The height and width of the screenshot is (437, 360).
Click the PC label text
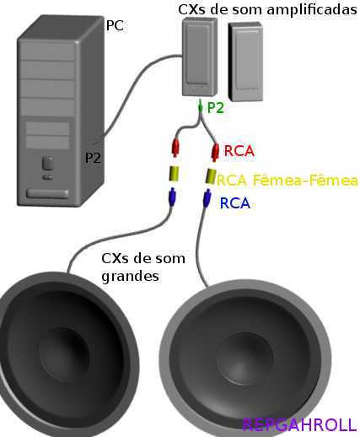pos(115,25)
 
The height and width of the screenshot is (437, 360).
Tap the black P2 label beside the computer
pos(93,158)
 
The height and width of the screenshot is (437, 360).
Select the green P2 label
pos(216,108)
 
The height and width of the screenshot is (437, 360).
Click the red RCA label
pos(239,151)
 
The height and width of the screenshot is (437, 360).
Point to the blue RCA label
pos(235,203)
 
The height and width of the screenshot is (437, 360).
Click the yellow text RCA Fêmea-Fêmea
pos(287,181)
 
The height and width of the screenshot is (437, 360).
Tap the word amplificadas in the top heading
pos(312,10)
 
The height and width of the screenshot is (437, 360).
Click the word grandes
pos(130,277)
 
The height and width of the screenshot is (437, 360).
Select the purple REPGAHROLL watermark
pos(299,424)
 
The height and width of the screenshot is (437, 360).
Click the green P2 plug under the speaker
pos(200,107)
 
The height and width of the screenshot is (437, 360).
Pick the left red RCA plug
pos(175,148)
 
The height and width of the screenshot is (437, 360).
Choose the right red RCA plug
pos(215,152)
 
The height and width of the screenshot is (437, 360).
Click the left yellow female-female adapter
pos(174,174)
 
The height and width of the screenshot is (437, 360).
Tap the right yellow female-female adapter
pos(210,176)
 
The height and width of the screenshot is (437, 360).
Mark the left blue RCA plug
pos(172,197)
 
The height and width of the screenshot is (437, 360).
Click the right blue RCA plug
pos(207,198)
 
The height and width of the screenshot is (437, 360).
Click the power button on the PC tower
pos(47,164)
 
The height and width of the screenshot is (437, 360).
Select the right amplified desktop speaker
pos(245,62)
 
